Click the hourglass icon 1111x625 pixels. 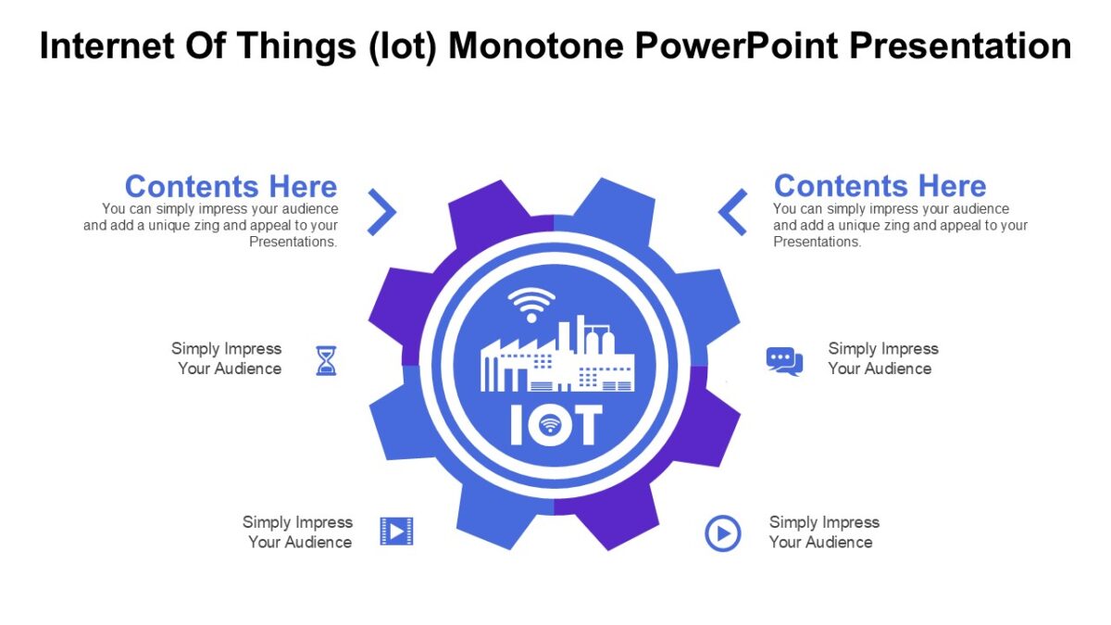326,360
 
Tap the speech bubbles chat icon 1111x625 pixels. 784,360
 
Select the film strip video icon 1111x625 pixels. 396,531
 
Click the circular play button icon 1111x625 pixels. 723,533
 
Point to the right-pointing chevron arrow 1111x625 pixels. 381,212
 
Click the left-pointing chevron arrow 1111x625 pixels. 732,212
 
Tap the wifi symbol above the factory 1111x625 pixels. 531,304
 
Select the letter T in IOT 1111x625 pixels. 586,425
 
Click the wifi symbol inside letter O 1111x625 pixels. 551,425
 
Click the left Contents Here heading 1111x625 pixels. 231,186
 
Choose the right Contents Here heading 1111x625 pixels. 880,186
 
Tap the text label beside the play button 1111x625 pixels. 823,532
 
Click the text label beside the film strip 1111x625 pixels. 298,532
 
